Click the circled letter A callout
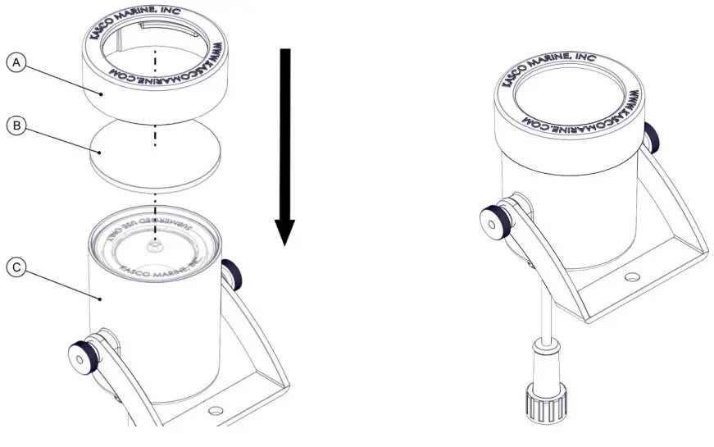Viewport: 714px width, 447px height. tap(16, 62)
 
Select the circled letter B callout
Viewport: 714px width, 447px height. tap(16, 126)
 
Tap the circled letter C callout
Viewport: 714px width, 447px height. tap(16, 267)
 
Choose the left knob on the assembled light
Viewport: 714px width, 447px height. tap(491, 220)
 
